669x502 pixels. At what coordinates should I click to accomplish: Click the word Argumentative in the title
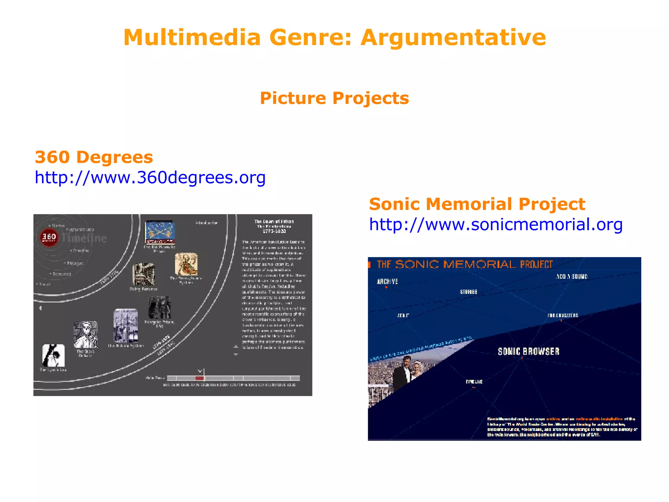click(x=453, y=38)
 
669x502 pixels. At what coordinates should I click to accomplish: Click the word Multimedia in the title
click(x=192, y=38)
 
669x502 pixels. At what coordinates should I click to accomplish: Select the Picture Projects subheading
click(x=334, y=98)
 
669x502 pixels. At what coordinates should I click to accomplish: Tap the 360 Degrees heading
click(x=94, y=157)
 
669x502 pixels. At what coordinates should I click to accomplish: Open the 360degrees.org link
click(x=150, y=177)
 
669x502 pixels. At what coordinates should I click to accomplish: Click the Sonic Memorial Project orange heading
click(x=477, y=204)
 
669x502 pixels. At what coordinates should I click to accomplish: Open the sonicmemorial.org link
click(x=496, y=225)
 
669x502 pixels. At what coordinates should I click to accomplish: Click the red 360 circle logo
click(x=49, y=237)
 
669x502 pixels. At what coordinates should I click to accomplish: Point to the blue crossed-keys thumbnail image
click(x=160, y=232)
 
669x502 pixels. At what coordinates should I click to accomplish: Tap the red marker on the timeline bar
click(x=199, y=378)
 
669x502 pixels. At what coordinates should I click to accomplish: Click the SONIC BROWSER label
click(x=528, y=351)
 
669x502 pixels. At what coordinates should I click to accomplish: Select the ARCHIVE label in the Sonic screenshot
click(x=387, y=281)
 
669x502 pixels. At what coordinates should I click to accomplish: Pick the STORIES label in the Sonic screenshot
click(x=468, y=292)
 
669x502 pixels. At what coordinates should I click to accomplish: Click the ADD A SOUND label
click(x=572, y=276)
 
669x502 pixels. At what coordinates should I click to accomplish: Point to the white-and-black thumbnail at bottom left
click(x=54, y=355)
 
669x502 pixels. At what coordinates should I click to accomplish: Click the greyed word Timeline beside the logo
click(x=84, y=238)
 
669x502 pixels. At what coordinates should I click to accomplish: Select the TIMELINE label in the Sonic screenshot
click(x=474, y=382)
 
